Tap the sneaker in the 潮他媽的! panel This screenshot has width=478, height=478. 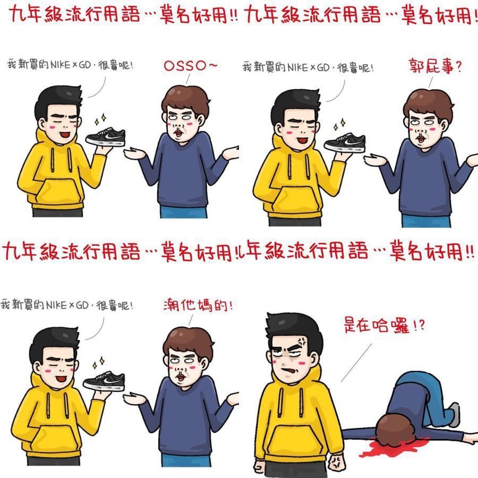[x=104, y=379]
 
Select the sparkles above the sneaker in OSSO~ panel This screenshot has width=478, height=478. [x=98, y=118]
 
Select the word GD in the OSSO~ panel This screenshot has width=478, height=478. [x=83, y=66]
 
